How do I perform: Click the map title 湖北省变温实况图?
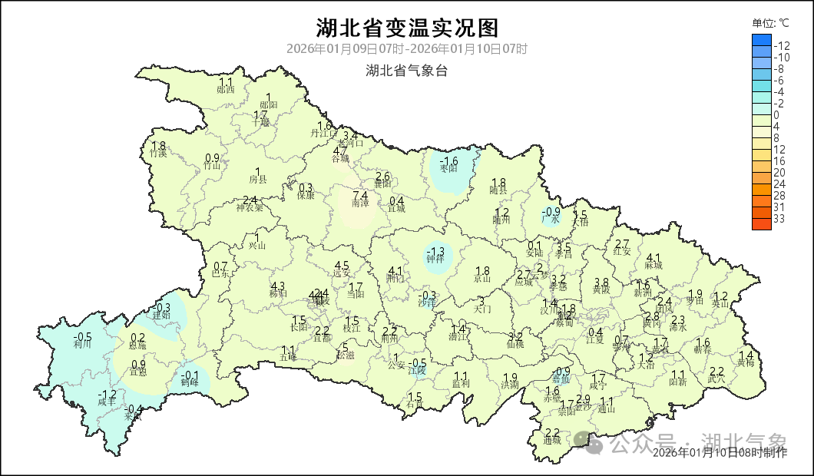pos(407,28)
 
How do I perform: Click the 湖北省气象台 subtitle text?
pos(407,71)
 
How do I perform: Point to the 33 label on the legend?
pos(779,219)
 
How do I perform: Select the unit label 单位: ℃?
pos(770,23)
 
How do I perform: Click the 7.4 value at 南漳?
pos(359,196)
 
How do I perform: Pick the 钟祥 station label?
pos(435,260)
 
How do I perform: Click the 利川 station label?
pos(82,345)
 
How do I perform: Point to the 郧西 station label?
pos(226,90)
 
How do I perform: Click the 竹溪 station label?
pos(158,154)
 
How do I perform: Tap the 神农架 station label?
pos(250,207)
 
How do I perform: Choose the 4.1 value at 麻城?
pos(654,257)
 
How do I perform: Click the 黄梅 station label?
pos(746,364)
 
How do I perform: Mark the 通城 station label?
pos(551,441)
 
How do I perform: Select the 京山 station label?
pos(482,279)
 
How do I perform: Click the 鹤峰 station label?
pos(190,382)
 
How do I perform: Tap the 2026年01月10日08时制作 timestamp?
pos(720,453)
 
